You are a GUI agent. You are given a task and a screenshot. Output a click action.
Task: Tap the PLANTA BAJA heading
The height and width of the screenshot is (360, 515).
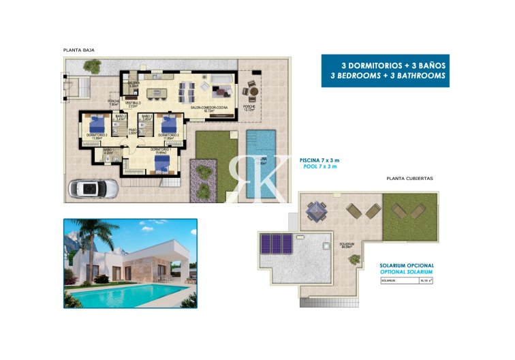tap(78, 50)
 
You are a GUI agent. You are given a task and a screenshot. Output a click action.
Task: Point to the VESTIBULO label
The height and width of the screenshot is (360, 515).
tap(134, 104)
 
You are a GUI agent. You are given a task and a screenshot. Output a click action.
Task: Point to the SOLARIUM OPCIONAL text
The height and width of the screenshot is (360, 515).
tap(406, 265)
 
